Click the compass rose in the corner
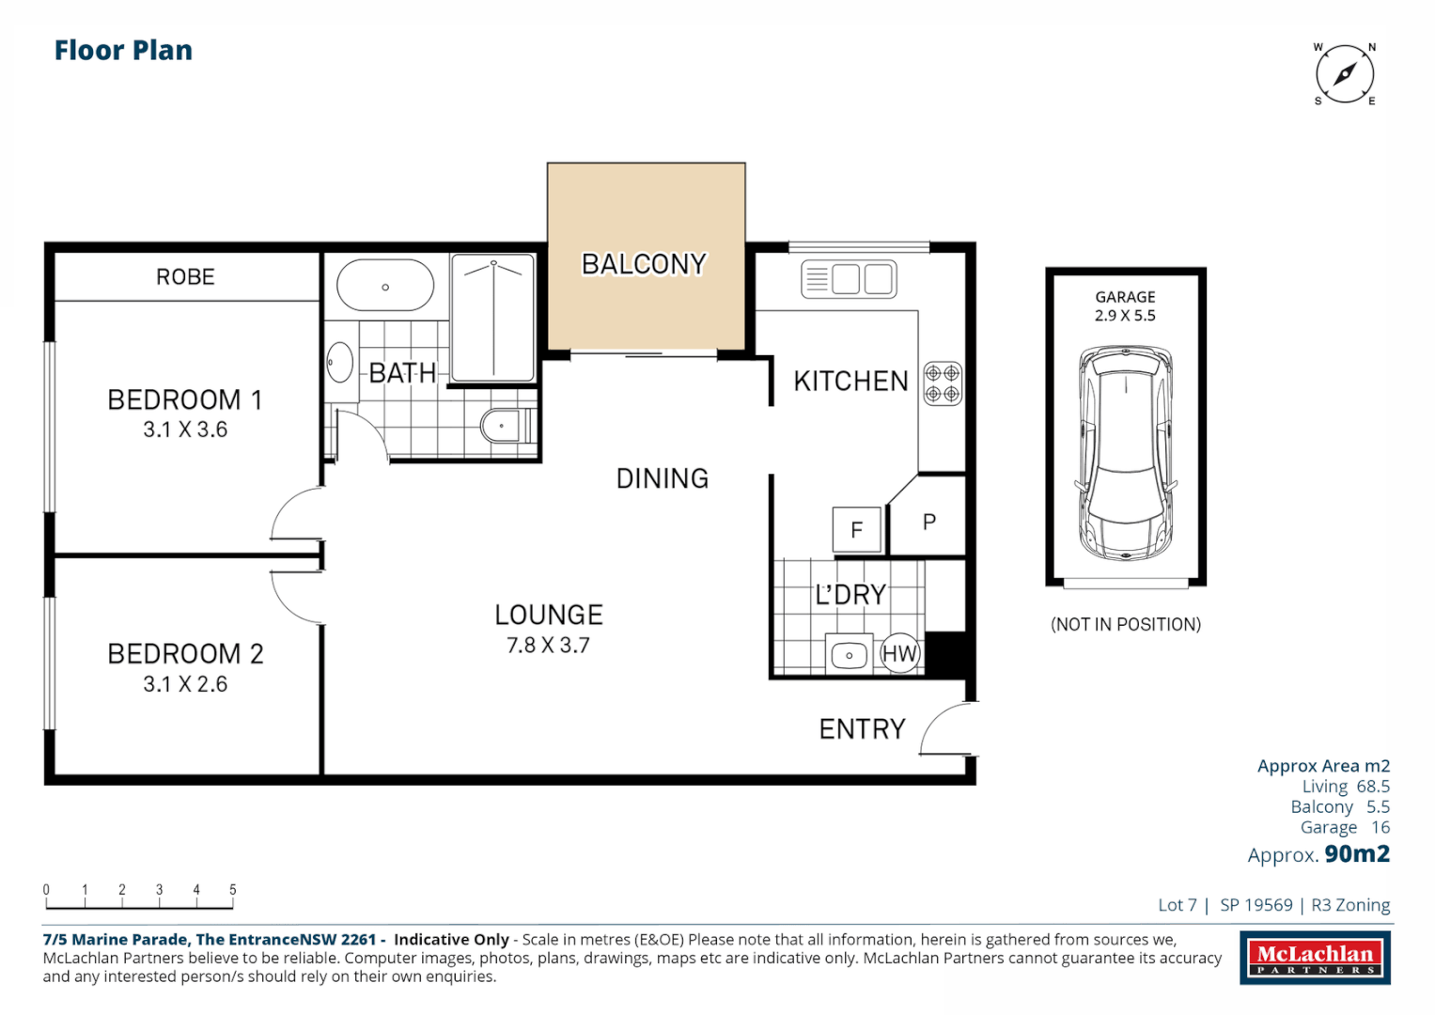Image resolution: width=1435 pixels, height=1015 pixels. click(1345, 74)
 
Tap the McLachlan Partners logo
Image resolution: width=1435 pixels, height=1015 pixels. click(1315, 958)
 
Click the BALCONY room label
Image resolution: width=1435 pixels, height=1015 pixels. click(644, 264)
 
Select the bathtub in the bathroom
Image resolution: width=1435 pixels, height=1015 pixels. click(385, 286)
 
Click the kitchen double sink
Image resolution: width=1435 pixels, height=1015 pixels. click(849, 279)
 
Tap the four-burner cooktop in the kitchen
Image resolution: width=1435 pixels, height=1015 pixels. click(942, 383)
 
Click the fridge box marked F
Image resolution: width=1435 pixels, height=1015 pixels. click(856, 529)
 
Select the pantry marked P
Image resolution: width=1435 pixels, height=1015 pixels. click(929, 523)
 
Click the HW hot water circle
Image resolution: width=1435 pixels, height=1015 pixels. click(899, 654)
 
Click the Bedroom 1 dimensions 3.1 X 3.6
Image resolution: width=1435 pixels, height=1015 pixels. click(185, 429)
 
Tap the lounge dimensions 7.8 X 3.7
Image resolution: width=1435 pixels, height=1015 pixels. click(548, 646)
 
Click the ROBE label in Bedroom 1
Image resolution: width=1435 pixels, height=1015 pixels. click(185, 277)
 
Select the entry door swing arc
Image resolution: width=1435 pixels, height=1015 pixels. click(944, 730)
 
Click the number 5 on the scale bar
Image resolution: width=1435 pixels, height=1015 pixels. click(233, 889)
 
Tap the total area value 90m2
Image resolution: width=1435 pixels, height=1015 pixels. click(1357, 853)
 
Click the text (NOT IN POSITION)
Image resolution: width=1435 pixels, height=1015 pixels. click(1125, 624)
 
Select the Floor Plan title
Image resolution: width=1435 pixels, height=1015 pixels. click(123, 51)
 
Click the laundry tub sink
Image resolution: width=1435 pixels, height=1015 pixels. click(849, 655)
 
